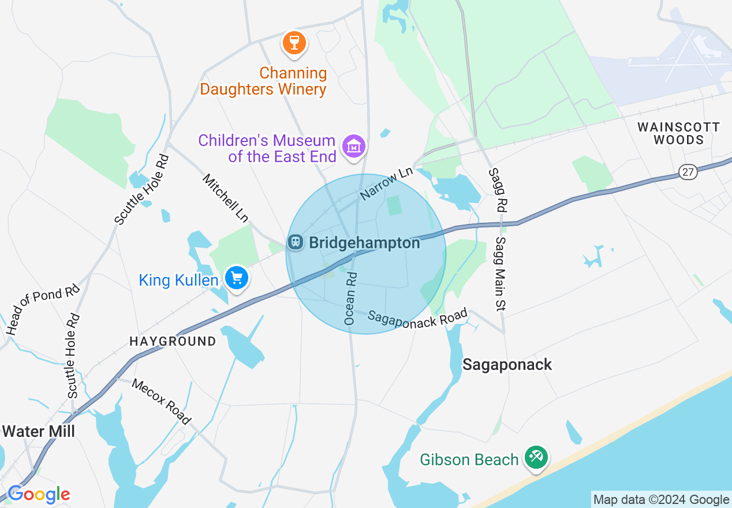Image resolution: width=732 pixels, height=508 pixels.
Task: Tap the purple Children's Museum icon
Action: [x=354, y=146]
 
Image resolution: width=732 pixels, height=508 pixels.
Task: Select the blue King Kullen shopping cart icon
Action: [x=236, y=278]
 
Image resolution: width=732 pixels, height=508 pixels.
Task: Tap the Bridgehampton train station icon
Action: [x=296, y=242]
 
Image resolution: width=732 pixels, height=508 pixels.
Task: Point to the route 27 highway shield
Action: [x=688, y=171]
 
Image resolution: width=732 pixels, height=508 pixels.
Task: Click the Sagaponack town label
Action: [x=507, y=364]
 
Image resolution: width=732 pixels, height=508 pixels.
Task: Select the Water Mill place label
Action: [x=38, y=431]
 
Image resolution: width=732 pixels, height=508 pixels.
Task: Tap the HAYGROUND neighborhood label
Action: [x=173, y=341]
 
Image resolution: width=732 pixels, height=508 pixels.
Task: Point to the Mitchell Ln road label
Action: [x=225, y=198]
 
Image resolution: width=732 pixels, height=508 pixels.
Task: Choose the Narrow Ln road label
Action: [x=386, y=184]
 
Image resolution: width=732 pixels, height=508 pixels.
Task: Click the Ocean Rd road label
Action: [x=350, y=298]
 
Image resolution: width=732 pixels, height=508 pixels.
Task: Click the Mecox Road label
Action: [x=161, y=401]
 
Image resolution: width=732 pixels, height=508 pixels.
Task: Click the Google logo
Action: [x=38, y=494]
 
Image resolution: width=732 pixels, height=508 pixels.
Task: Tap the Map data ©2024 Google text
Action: [x=661, y=500]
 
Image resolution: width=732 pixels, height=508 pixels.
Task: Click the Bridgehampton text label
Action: [x=364, y=243]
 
